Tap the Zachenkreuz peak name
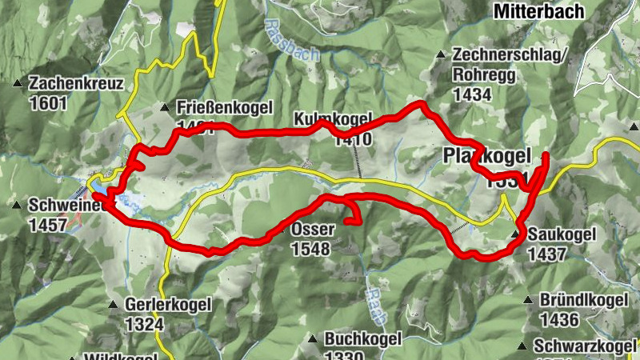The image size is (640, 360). click(75, 83)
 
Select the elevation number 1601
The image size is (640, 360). click(46, 102)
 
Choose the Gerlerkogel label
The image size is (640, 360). click(168, 305)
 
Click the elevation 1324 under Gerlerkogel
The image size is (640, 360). click(144, 324)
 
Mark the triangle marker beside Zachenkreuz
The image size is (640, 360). click(18, 83)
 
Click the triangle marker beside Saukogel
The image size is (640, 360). click(516, 235)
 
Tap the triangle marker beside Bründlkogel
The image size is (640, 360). click(527, 300)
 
